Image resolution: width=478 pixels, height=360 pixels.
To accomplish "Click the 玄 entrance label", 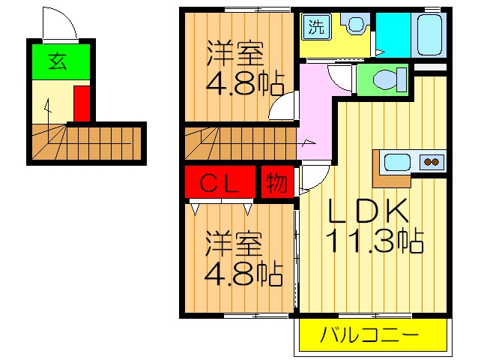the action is tap(58, 61).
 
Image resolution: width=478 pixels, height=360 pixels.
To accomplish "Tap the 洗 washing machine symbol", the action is tap(316, 26).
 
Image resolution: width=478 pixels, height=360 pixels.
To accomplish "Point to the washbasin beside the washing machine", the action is tap(354, 23).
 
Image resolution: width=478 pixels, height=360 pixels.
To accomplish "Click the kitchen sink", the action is tap(397, 162).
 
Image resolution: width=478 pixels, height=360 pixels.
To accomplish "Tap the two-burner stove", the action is tap(432, 162).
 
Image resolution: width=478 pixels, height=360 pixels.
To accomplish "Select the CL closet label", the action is tap(219, 183).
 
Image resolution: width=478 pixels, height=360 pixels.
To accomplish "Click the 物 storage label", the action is tap(276, 183).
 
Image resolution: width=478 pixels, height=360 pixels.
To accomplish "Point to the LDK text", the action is tap(368, 210).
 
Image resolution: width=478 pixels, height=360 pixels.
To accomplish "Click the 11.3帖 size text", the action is tap(375, 241).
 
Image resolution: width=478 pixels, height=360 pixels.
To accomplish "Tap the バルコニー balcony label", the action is tap(370, 334).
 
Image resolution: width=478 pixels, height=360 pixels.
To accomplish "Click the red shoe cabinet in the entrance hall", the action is tap(82, 103).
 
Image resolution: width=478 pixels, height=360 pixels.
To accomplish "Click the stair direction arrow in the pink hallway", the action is tap(307, 142).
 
